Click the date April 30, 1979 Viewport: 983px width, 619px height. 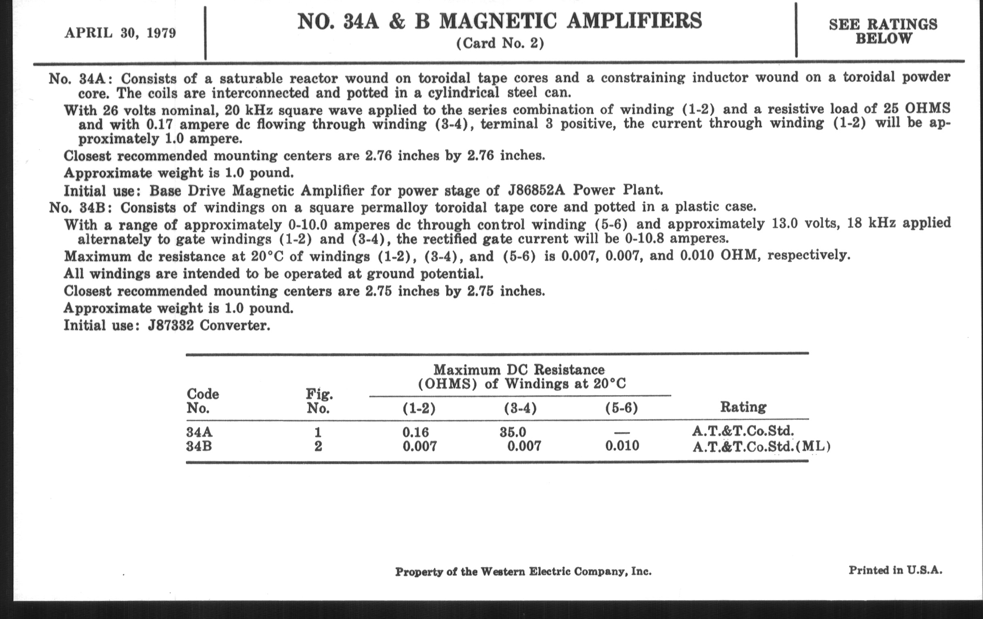tap(120, 33)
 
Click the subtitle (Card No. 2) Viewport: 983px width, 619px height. tap(500, 43)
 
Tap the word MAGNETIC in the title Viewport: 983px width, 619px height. tap(498, 21)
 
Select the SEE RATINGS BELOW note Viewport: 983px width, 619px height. tap(883, 32)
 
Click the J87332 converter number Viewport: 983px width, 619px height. tap(171, 326)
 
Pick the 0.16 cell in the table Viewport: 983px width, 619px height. tap(416, 432)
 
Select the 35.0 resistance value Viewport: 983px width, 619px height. tap(513, 432)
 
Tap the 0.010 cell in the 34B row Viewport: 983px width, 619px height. tap(622, 445)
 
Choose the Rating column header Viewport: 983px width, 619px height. tap(743, 407)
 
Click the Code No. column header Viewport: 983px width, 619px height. tap(203, 401)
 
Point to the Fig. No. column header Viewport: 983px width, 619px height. tap(319, 401)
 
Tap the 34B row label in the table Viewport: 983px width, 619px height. tap(199, 446)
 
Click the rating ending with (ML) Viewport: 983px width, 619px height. tap(762, 447)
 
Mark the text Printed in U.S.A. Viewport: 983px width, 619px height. tap(895, 570)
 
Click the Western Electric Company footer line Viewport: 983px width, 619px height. tap(523, 572)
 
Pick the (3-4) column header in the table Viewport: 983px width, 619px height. tap(520, 408)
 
